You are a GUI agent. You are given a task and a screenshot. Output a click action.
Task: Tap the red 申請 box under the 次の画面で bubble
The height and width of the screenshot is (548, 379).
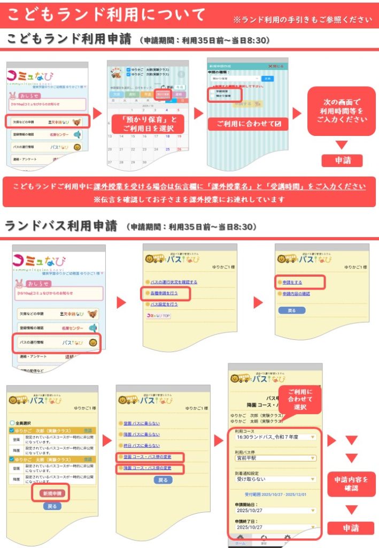click(x=342, y=160)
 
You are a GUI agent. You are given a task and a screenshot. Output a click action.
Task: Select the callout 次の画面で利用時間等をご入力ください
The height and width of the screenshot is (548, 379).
click(x=342, y=111)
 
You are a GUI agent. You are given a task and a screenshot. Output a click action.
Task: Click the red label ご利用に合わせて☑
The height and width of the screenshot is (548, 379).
click(x=248, y=124)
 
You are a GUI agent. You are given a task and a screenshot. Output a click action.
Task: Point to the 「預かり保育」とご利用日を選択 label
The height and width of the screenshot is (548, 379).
click(x=148, y=124)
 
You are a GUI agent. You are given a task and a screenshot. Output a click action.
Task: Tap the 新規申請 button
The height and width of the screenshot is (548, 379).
click(x=52, y=493)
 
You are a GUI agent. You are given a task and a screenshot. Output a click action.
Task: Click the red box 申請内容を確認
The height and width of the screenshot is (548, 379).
click(x=351, y=484)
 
